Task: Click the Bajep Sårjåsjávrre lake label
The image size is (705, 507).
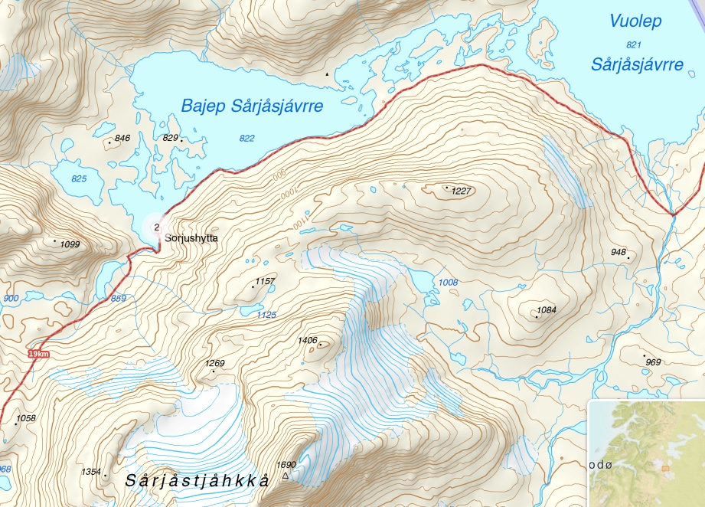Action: click(252, 106)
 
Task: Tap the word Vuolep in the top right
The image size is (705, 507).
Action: click(635, 21)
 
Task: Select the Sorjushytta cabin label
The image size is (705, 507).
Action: click(191, 239)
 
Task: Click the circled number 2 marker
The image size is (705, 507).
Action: click(157, 227)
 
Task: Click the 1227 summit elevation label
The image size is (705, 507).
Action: click(462, 191)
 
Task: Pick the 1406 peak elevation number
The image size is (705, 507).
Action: click(308, 340)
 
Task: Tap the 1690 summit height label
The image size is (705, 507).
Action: click(286, 464)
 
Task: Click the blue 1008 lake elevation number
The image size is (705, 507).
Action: click(448, 283)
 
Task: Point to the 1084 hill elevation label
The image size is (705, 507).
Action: click(547, 310)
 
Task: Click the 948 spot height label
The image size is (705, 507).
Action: click(619, 252)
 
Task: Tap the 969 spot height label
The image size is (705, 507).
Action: click(653, 361)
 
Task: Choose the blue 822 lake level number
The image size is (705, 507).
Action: click(246, 138)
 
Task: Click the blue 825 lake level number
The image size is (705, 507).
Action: click(79, 178)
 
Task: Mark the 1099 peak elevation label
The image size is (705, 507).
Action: click(70, 244)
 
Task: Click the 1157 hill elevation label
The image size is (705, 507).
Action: click(265, 282)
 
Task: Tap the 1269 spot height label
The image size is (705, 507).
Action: click(215, 363)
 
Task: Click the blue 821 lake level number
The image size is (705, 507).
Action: click(632, 44)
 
